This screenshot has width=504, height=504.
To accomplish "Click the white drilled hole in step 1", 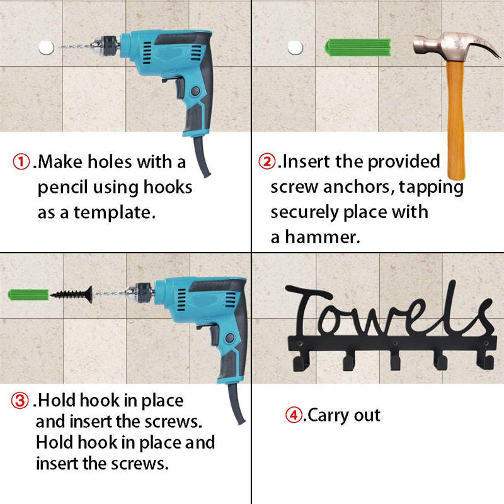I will point(45,47).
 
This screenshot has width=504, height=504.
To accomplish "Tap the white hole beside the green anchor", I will point(294,47).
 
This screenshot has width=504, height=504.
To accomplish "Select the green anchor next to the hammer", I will point(358,48).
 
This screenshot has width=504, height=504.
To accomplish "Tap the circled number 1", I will point(22,162).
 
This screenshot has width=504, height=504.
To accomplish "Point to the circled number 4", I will point(294,415).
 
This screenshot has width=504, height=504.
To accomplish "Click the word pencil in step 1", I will point(63,188).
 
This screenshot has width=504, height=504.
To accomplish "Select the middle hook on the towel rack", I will point(396,361).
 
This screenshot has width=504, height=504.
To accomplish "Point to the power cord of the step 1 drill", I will point(201,157).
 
